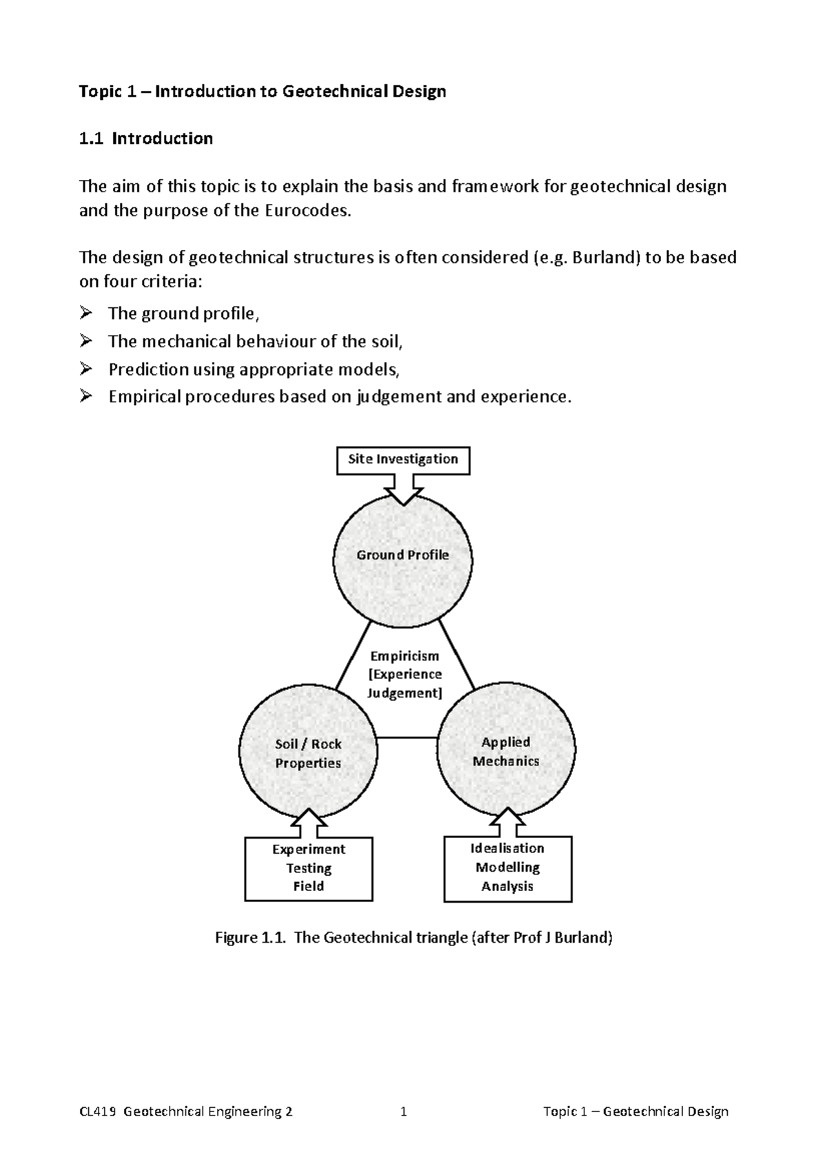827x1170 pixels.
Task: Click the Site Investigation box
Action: pyautogui.click(x=402, y=460)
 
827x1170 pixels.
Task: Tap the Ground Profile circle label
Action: pyautogui.click(x=402, y=555)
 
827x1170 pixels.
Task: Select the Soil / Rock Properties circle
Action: pyautogui.click(x=308, y=753)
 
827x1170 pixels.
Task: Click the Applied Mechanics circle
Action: pyautogui.click(x=506, y=751)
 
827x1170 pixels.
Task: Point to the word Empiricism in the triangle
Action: pyautogui.click(x=405, y=656)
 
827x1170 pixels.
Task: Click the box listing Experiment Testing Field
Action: pyautogui.click(x=309, y=868)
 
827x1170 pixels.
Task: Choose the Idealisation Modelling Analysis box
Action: pyautogui.click(x=508, y=868)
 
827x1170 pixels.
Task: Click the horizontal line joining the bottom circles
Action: pyautogui.click(x=407, y=739)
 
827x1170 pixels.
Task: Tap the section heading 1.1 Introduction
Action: pyautogui.click(x=146, y=138)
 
